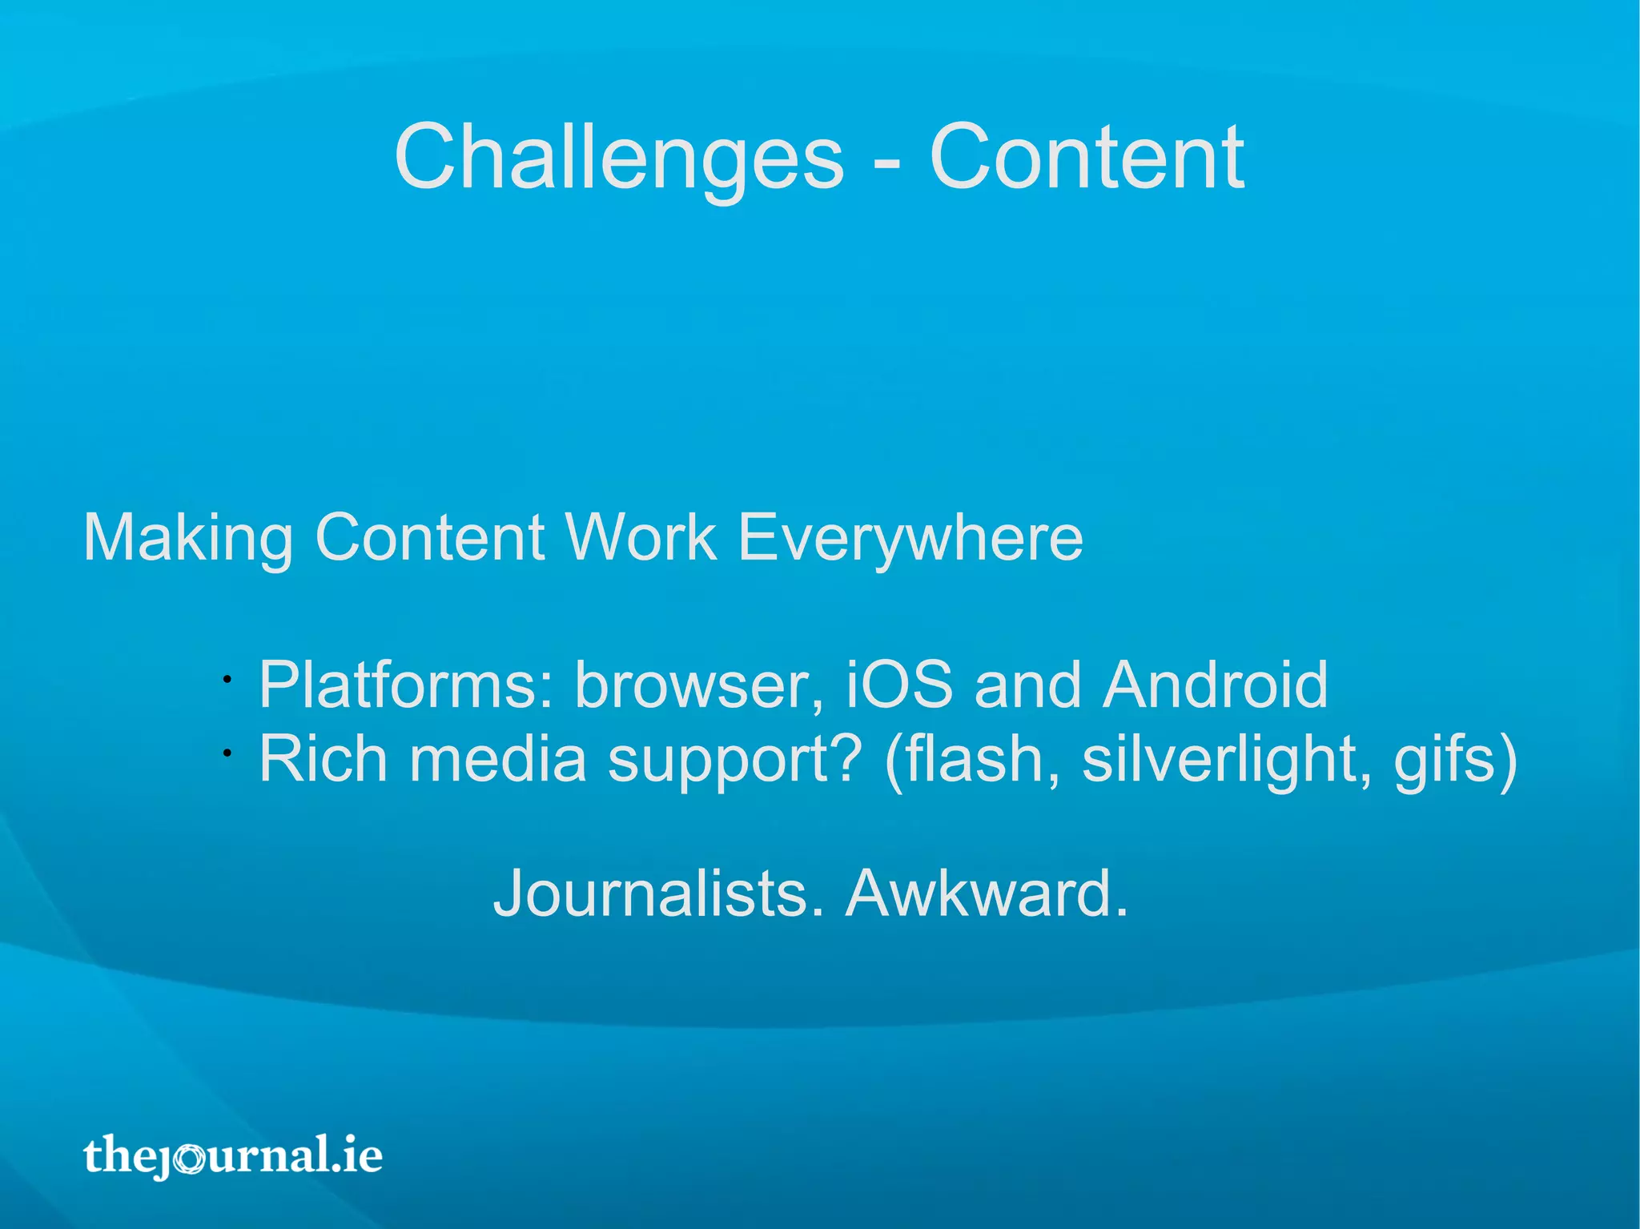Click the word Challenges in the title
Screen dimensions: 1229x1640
pos(619,158)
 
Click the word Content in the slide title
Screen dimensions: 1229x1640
pos(1086,158)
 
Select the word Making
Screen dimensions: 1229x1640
pos(188,539)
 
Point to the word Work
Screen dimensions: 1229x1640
pos(641,537)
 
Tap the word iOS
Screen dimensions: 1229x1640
pos(899,685)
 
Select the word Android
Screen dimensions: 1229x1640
pos(1215,685)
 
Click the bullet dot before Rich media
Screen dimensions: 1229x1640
pos(227,753)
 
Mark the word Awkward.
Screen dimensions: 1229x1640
pos(987,894)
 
